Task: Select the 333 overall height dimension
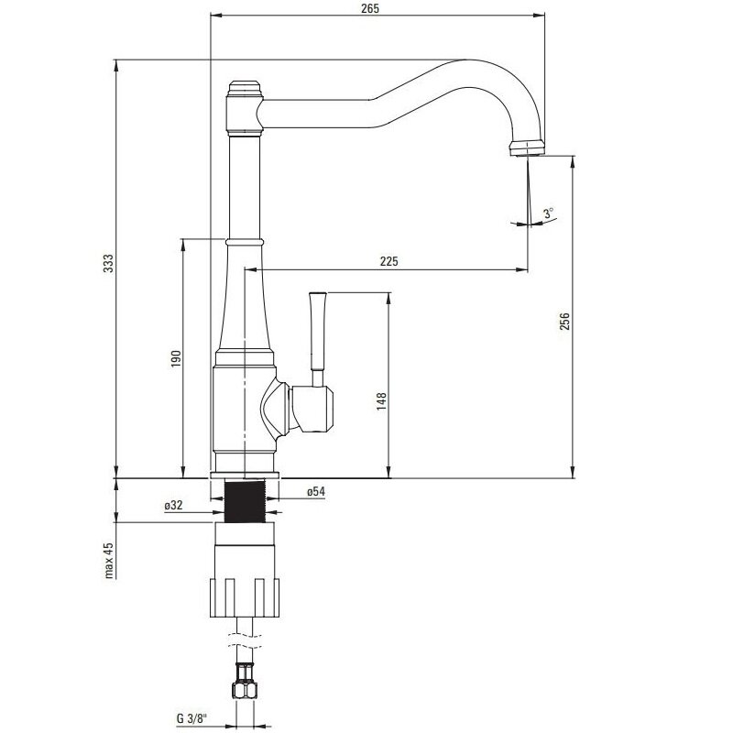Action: (107, 267)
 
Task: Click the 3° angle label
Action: (549, 213)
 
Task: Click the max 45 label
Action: (107, 561)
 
